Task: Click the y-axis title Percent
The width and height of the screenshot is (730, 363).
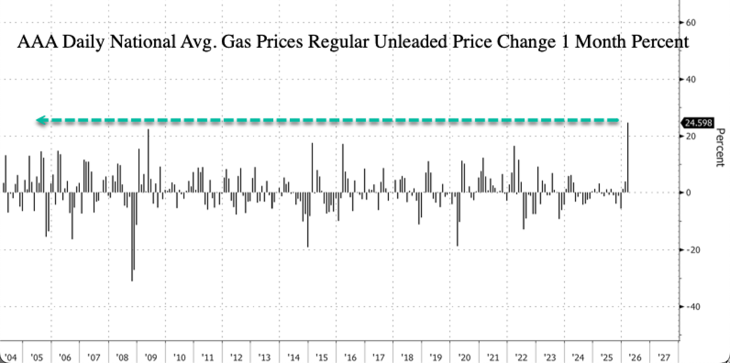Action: click(x=720, y=148)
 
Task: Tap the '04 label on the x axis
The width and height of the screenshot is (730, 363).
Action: click(x=8, y=357)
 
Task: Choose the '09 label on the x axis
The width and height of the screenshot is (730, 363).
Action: click(x=151, y=357)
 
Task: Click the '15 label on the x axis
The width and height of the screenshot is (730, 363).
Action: click(x=322, y=357)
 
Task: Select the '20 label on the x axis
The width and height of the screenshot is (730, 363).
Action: click(x=464, y=357)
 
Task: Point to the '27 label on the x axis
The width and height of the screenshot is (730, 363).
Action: click(x=664, y=357)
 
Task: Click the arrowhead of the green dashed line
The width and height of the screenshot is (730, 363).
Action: click(x=40, y=120)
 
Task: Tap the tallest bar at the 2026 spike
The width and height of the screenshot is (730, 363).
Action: click(x=628, y=157)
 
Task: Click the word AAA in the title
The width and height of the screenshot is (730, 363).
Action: click(x=33, y=43)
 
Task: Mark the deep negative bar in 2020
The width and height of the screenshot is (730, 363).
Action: click(x=457, y=219)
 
